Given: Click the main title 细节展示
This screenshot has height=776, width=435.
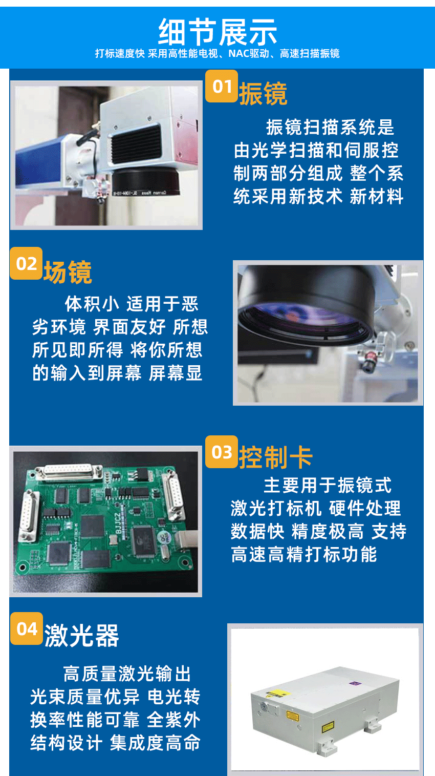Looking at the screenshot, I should click(217, 32).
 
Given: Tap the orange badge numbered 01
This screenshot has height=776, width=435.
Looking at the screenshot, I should click(222, 87).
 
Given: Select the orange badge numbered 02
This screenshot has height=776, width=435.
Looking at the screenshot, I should click(26, 264).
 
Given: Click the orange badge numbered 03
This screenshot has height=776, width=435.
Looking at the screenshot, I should click(222, 452).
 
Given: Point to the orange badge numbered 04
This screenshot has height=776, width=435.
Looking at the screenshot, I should click(27, 628).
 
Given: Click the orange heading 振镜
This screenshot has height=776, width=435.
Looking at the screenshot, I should click(263, 94).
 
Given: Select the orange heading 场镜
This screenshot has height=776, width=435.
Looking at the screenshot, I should click(68, 272).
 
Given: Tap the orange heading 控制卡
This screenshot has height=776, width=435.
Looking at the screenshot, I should click(275, 457).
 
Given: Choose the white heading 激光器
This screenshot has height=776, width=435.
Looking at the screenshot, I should click(82, 636).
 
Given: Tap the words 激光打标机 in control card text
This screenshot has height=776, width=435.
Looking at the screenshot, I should click(276, 509).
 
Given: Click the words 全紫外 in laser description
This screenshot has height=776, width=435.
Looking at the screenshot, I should click(173, 720).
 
